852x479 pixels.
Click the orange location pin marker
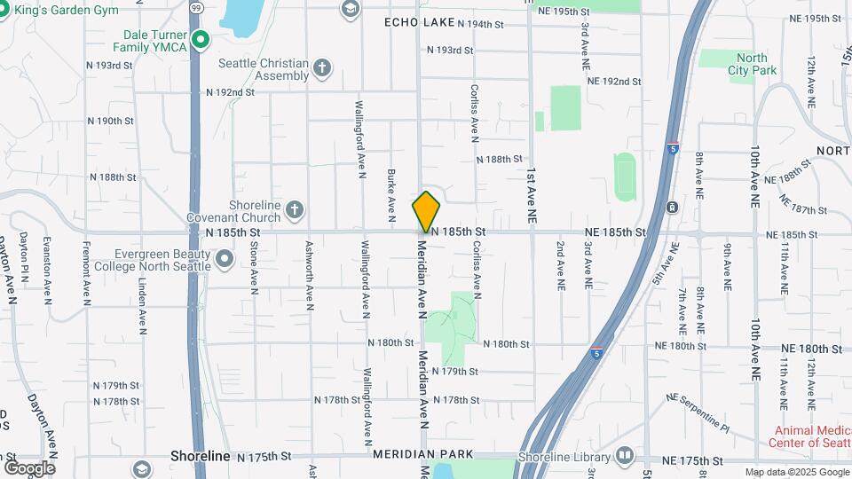coord(426,211)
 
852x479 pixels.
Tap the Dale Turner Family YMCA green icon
coord(201,39)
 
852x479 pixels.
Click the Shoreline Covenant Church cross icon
coord(294,210)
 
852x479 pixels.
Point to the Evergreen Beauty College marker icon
coord(225,259)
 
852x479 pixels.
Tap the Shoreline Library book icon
coord(625,457)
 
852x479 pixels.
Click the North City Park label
coord(747,64)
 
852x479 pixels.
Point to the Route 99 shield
coord(196,7)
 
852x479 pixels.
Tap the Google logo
coord(29,467)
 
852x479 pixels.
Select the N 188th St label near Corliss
coord(500,160)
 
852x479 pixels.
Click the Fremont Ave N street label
coord(86,273)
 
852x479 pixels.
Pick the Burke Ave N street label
coord(390,193)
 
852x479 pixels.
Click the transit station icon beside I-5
coord(672,208)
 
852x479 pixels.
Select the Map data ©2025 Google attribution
coord(796,472)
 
